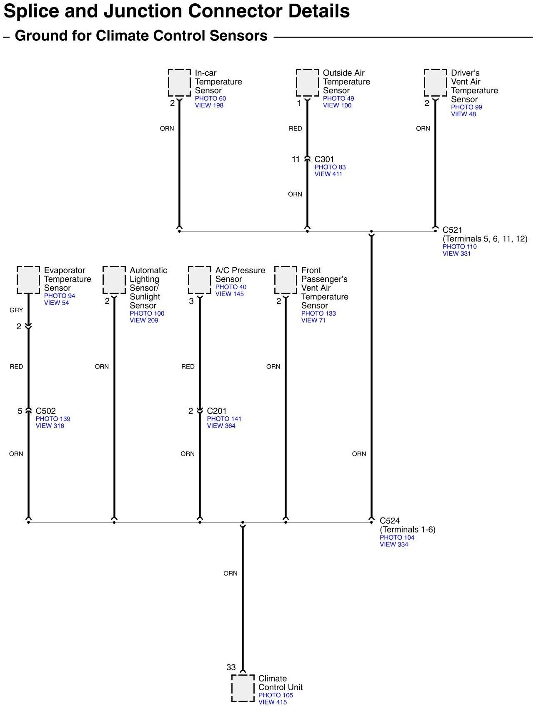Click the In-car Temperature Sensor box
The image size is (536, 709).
pos(179,83)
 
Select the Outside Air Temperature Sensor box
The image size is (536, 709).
pos(307,83)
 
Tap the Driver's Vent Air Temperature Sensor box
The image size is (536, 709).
pos(435,83)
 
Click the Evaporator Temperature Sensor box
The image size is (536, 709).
pos(28,280)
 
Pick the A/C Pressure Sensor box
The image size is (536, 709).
pos(200,280)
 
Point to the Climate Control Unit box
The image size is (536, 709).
pos(243,688)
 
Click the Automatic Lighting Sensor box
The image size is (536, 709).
pos(114,280)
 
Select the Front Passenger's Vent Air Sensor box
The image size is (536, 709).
pos(286,280)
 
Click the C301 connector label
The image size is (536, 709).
pos(324,159)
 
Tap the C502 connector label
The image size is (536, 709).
pos(45,411)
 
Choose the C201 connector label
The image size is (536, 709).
pos(217,411)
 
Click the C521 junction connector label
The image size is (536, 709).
pos(452,230)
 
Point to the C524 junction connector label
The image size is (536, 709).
pos(389,521)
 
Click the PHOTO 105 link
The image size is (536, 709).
pos(276,695)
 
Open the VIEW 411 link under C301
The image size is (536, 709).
pos(328,174)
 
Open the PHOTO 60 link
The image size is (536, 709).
pos(210,99)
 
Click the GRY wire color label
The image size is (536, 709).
pos(16,310)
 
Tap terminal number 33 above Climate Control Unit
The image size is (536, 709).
pos(231,667)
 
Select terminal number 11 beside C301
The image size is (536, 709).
pos(296,159)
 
